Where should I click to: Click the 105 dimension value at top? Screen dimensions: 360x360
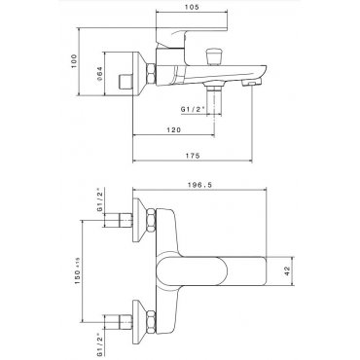coord(193,7)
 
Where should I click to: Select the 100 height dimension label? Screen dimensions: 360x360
coord(75,61)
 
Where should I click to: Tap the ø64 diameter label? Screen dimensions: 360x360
coord(99,74)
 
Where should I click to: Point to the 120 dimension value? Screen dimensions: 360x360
coord(173,130)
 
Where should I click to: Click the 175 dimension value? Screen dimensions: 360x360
coord(194,156)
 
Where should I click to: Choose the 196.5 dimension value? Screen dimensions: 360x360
coord(199,185)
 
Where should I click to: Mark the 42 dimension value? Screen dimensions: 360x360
coord(287,271)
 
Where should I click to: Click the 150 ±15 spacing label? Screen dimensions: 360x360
coord(77,271)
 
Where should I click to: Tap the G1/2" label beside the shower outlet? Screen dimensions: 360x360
coord(194,110)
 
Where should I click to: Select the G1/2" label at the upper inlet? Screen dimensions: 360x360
coord(100,199)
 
